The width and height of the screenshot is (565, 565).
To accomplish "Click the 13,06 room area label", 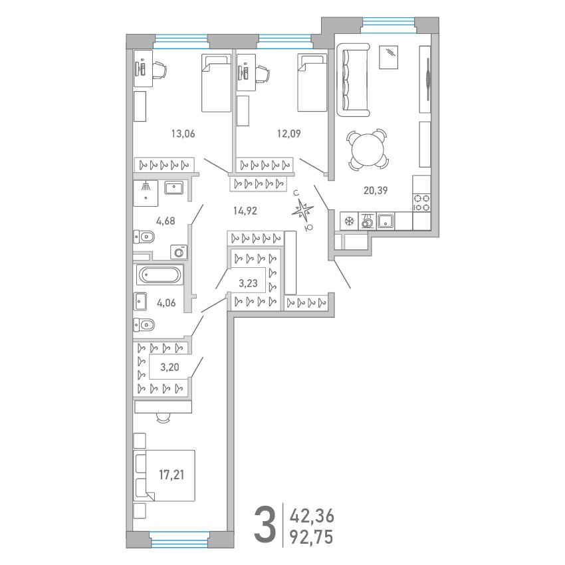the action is click(x=183, y=134).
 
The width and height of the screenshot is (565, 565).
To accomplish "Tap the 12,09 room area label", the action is click(x=288, y=134).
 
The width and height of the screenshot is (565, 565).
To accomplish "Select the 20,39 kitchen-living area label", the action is click(x=376, y=190).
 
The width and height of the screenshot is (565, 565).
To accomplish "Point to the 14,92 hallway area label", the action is click(x=245, y=211).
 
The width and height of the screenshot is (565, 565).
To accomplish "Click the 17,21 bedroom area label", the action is click(x=171, y=475).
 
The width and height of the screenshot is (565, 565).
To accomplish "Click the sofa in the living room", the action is click(x=354, y=80).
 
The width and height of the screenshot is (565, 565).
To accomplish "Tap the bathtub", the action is click(x=160, y=275).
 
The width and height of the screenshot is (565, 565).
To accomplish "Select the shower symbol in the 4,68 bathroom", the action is click(x=146, y=186).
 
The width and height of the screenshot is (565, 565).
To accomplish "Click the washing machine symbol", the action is click(x=179, y=252).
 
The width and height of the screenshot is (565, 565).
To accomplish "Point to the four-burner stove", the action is click(x=421, y=203).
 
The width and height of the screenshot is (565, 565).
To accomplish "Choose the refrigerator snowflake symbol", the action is click(x=349, y=221).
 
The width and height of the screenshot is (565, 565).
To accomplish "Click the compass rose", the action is click(x=302, y=211).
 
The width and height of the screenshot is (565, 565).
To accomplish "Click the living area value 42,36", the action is click(x=312, y=516).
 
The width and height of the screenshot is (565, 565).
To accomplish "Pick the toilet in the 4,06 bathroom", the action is click(x=144, y=324).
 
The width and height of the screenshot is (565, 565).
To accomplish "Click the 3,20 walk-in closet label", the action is click(x=169, y=367).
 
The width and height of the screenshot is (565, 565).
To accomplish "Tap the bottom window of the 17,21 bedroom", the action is click(x=179, y=538).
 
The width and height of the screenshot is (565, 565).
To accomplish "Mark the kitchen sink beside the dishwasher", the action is click(x=386, y=221).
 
